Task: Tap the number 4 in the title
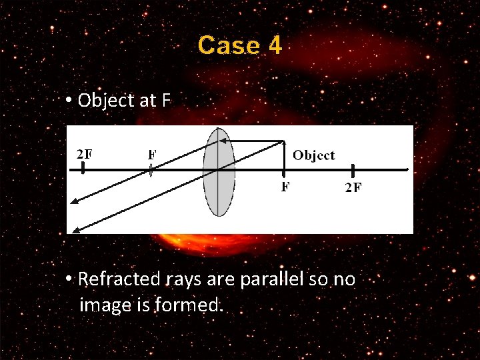coord(275,46)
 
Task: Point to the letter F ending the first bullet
coord(166,101)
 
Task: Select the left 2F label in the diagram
coord(85,153)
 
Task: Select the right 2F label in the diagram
coord(353,187)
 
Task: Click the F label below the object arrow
coord(285,187)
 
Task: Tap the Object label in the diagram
coord(314,155)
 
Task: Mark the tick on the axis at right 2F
coord(353,171)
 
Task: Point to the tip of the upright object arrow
coord(285,142)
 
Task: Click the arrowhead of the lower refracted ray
coord(75,231)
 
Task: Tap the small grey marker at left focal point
coord(151,171)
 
